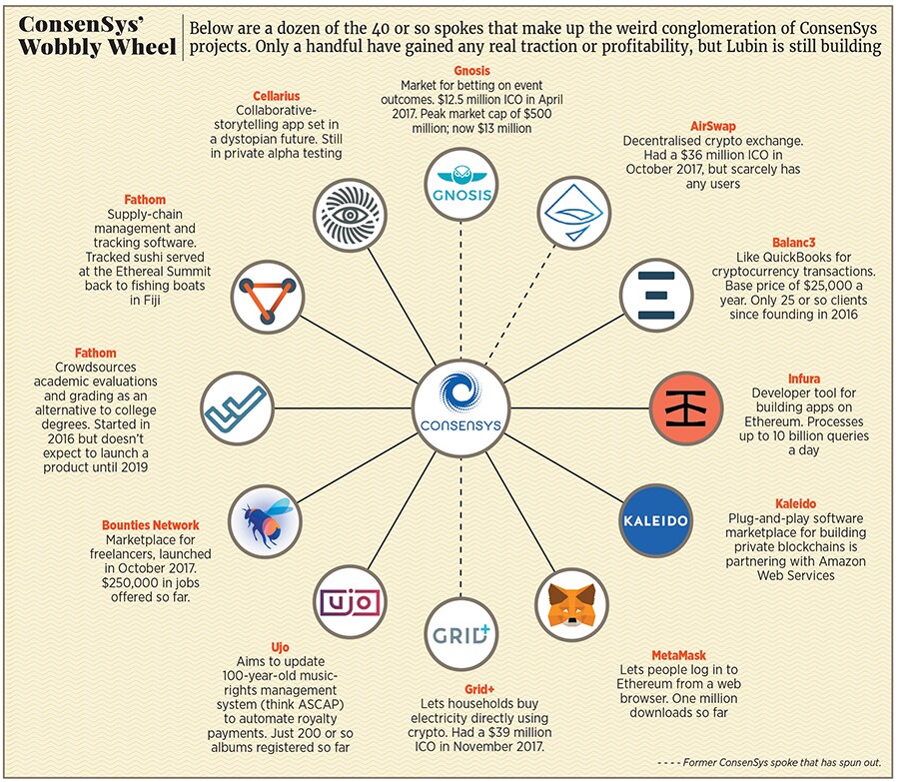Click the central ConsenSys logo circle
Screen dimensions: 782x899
click(460, 408)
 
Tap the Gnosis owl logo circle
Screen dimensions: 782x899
click(459, 183)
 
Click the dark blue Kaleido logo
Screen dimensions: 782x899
click(650, 522)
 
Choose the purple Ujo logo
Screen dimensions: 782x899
click(348, 604)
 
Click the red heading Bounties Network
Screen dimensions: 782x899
click(150, 525)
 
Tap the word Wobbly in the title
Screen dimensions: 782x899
click(56, 46)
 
